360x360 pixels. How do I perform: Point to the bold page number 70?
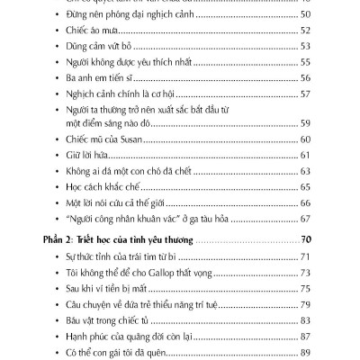(305, 266)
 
